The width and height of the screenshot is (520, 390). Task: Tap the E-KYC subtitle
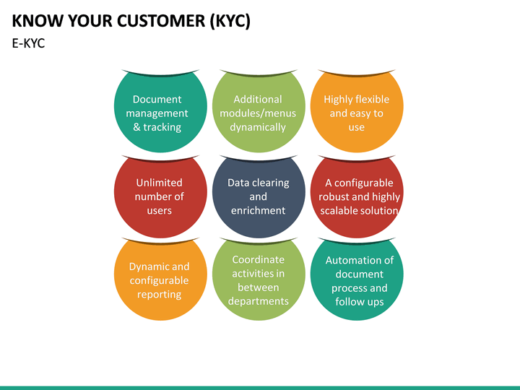(x=29, y=43)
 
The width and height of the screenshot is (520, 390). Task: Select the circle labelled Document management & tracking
(x=157, y=112)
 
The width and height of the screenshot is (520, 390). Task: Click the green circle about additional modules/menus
(x=258, y=112)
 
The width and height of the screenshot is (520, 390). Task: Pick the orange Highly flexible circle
(x=356, y=112)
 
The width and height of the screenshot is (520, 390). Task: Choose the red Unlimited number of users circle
(x=159, y=196)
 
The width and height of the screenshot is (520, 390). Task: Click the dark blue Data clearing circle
(x=258, y=196)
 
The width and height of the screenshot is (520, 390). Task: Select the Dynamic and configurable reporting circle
(x=159, y=279)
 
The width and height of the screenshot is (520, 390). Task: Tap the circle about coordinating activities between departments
(x=258, y=279)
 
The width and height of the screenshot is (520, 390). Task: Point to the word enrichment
(x=258, y=210)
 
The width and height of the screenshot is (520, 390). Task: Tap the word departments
(x=258, y=301)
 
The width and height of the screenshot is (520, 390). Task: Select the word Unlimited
(x=159, y=183)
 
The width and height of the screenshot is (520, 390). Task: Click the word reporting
(x=159, y=294)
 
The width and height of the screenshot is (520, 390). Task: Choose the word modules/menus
(x=258, y=113)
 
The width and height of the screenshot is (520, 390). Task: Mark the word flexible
(x=372, y=100)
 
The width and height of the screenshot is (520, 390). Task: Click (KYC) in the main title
(x=230, y=21)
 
